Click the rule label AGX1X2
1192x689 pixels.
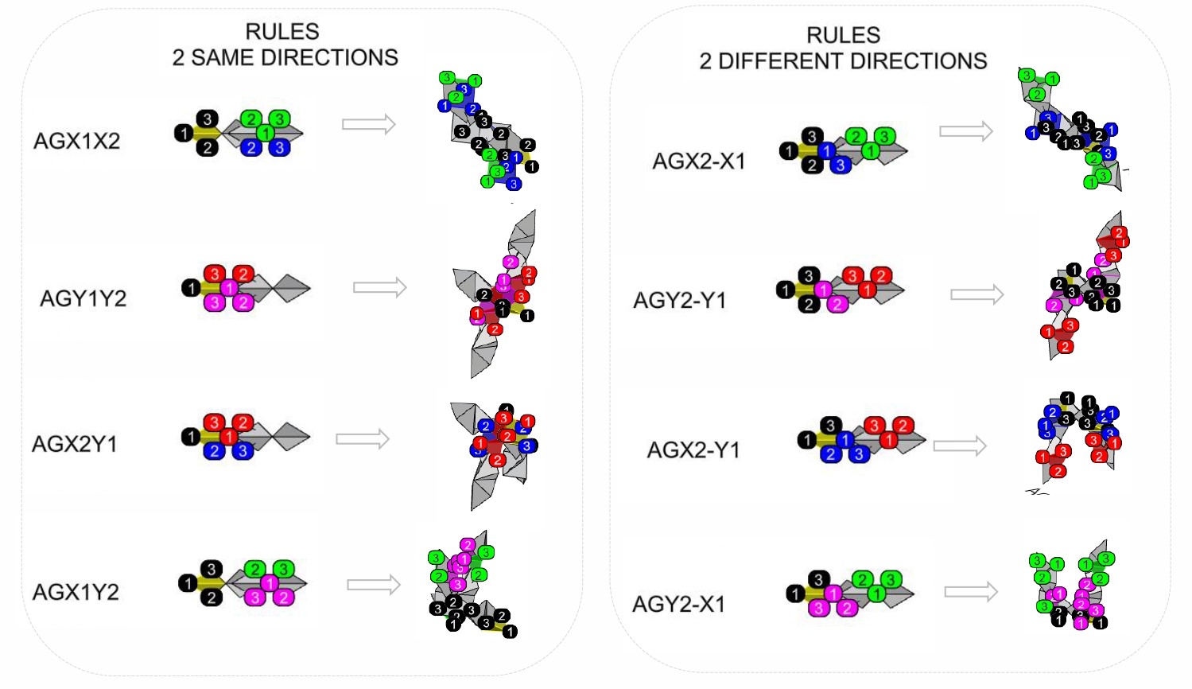point(76,141)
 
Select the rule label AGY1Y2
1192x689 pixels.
point(83,298)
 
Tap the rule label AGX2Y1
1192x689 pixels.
point(74,444)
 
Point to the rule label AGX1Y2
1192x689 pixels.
point(76,592)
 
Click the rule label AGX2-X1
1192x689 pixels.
point(699,162)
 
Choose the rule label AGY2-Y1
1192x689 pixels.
point(679,301)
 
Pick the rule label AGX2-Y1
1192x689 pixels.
point(693,450)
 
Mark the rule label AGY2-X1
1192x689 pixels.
point(678,605)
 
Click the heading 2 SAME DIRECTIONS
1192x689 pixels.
point(285,57)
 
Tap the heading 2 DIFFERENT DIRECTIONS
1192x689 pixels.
point(843,61)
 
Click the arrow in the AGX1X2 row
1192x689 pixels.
point(368,124)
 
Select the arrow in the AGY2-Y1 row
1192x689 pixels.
point(977,295)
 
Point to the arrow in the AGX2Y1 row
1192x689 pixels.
point(363,438)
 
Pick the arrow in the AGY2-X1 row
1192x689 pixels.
point(971,591)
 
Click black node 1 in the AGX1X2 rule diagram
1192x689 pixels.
point(183,133)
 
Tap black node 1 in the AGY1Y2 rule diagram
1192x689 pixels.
point(190,287)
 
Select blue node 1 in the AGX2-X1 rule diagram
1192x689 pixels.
point(827,150)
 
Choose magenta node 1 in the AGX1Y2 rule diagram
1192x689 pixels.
point(270,583)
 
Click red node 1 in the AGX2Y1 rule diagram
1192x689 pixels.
point(229,437)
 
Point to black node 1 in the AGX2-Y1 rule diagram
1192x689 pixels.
point(807,439)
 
